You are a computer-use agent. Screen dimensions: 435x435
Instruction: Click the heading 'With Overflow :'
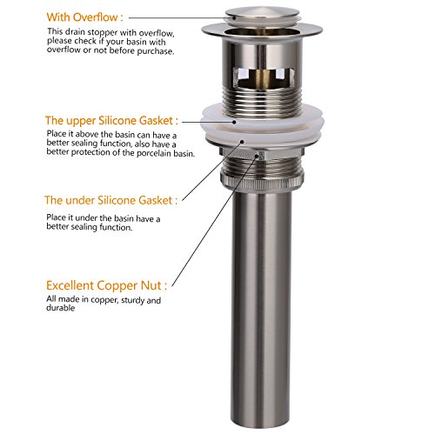(84, 17)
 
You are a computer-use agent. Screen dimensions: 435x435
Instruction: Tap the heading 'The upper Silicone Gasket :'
(111, 120)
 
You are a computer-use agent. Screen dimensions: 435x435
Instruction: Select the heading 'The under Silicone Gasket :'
(110, 200)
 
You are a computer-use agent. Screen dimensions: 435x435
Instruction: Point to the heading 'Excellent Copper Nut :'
(106, 285)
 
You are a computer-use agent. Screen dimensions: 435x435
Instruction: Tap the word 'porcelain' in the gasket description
(154, 153)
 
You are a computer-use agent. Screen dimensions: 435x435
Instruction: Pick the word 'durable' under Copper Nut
(61, 308)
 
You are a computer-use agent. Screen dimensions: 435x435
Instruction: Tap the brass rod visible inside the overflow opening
(263, 77)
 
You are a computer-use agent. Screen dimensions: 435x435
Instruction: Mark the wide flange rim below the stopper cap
(262, 31)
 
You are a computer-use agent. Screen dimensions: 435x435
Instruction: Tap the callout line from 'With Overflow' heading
(177, 17)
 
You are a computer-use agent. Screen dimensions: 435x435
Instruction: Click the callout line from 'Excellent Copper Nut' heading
(215, 221)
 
